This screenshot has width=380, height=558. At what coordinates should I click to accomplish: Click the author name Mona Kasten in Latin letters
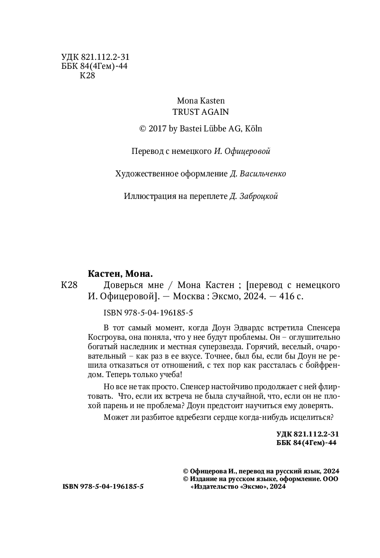pos(200,101)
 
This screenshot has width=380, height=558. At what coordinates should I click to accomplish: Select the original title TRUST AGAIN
pos(201,112)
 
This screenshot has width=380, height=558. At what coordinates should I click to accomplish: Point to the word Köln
pos(253,129)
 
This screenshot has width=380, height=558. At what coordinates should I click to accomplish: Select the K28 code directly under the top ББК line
pos(87,76)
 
